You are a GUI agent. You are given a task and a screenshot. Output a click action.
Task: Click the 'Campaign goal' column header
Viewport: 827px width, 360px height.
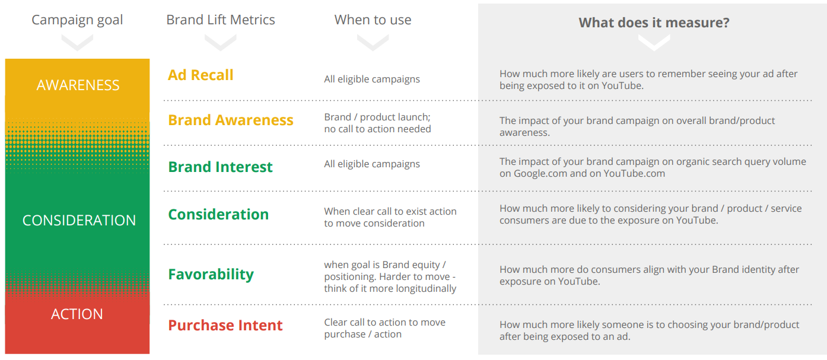[x=77, y=20]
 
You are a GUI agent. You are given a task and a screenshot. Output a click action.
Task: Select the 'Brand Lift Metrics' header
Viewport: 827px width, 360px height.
[x=221, y=20]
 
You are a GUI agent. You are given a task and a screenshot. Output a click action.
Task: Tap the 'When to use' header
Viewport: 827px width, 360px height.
[x=373, y=20]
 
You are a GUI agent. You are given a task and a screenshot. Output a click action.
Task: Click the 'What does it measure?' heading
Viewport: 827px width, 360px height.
[x=654, y=23]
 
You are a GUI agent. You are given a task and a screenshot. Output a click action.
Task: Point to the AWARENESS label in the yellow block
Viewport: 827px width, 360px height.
[x=78, y=85]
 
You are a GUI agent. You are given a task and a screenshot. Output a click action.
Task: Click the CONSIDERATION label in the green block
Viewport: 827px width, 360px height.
[x=79, y=221]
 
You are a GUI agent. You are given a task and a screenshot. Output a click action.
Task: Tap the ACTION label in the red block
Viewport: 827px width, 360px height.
[x=77, y=314]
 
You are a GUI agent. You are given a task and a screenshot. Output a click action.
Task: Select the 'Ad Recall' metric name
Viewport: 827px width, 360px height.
[x=201, y=75]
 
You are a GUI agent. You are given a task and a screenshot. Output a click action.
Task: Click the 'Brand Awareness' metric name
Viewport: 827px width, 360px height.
[x=231, y=120]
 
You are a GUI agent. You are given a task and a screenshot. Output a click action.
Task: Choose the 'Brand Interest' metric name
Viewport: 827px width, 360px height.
[x=221, y=167]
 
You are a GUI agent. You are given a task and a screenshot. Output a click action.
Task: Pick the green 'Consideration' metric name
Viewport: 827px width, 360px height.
[x=218, y=215]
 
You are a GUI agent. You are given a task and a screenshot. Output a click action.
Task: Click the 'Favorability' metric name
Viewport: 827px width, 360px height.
[x=211, y=275]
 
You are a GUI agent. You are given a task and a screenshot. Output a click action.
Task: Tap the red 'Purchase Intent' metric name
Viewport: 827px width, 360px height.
[x=225, y=325]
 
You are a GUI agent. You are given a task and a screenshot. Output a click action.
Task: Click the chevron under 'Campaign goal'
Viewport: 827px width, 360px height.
[x=77, y=43]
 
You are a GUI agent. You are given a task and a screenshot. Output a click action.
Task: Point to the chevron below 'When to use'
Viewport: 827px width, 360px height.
[x=373, y=43]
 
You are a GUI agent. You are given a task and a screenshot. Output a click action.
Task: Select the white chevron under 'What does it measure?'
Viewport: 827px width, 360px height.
[x=654, y=43]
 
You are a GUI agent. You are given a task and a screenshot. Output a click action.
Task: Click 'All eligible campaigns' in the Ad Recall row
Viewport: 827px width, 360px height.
[x=372, y=79]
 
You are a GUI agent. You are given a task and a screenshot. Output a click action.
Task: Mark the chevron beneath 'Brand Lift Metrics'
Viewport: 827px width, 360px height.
[x=221, y=43]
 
